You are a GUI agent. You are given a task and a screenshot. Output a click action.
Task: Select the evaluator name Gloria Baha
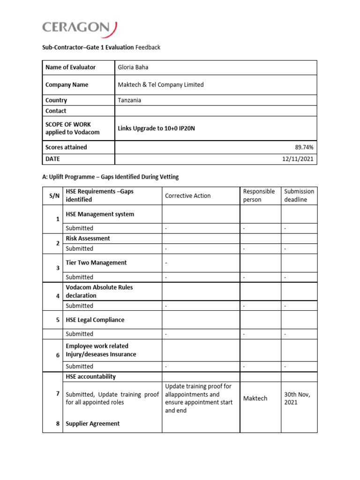[x=133, y=67]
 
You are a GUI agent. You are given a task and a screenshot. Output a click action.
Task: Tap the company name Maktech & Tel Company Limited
[x=161, y=85]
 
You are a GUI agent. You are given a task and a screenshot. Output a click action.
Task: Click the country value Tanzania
[x=129, y=100]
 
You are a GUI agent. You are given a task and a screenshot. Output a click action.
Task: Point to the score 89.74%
[x=304, y=147]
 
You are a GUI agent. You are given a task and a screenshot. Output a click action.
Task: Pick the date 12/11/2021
[x=299, y=159]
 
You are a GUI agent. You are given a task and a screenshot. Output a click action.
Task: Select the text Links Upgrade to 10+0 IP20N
[x=156, y=128]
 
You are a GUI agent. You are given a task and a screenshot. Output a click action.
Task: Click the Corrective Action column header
[x=188, y=196]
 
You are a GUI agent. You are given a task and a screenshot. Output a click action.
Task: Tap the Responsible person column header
[x=259, y=195]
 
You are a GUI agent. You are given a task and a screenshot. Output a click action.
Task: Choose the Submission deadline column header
[x=299, y=195]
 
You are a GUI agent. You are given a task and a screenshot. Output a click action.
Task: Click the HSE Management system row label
[x=100, y=214]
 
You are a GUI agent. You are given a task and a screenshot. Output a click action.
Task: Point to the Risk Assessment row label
[x=88, y=239]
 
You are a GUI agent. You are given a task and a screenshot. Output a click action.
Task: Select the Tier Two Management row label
[x=96, y=263]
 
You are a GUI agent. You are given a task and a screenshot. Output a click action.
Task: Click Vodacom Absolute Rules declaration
[x=99, y=292]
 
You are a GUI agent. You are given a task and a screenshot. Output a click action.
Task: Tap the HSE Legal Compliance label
[x=95, y=320]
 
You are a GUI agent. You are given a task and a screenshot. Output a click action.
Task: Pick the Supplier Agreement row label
[x=93, y=424]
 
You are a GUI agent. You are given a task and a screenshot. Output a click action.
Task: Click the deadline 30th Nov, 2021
[x=297, y=398]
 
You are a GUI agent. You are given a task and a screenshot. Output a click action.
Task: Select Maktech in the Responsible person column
[x=255, y=398]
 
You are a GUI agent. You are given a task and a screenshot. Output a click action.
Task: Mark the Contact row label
[x=56, y=111]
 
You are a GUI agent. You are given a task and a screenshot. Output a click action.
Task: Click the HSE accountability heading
[x=91, y=377]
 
